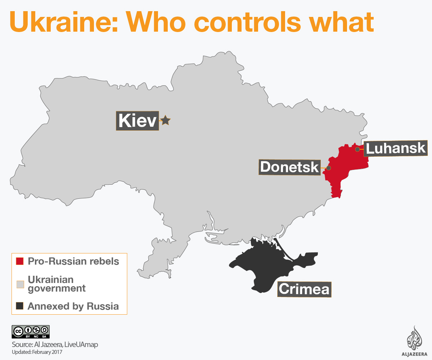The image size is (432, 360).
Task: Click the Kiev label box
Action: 137,121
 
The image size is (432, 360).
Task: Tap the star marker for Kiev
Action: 165,120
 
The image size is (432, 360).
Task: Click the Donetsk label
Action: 289,167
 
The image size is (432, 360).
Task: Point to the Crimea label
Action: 304,289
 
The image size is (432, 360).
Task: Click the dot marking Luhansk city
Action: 357,149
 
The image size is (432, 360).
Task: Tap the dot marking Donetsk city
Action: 328,168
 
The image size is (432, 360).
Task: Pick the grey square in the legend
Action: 20,284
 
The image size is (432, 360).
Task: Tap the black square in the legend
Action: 20,306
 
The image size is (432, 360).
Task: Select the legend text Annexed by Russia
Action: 73,306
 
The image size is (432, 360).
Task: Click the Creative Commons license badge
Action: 31,332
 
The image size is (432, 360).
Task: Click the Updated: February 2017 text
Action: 37,352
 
